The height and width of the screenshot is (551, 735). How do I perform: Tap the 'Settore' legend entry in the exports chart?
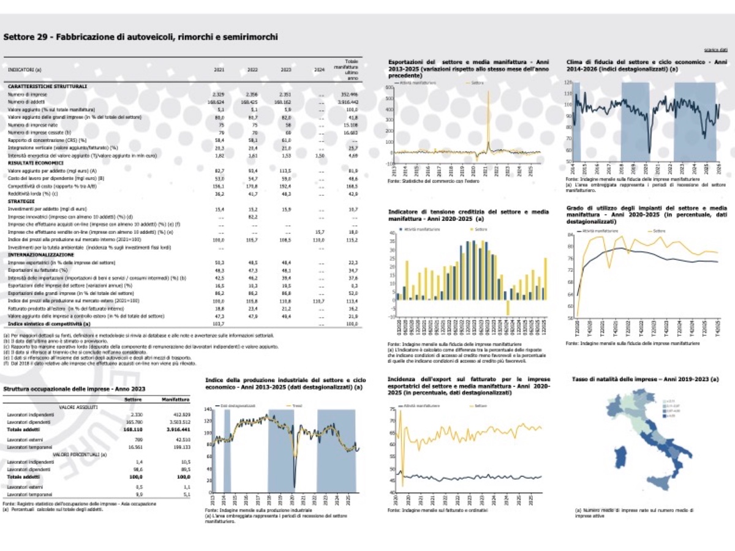(x=478, y=82)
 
